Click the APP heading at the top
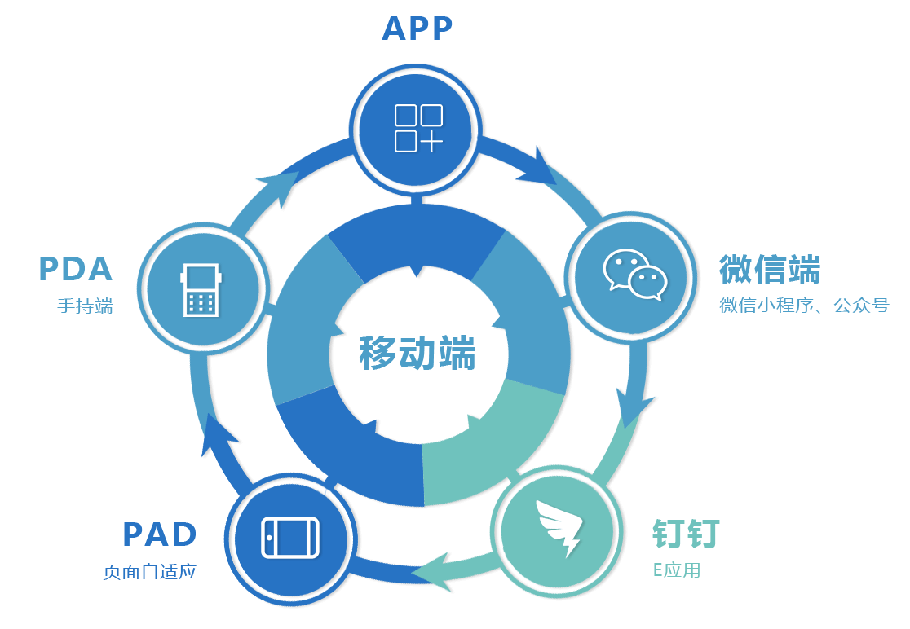pos(417,29)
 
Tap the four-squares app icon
pos(417,128)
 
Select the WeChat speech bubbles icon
pos(634,275)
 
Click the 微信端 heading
pos(769,269)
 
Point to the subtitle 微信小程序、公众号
pos(803,306)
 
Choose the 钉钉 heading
pos(686,534)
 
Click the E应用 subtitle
pos(676,570)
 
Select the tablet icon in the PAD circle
pos(290,538)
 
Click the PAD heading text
pos(160,534)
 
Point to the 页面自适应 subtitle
pos(150,571)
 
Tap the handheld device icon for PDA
pos(201,289)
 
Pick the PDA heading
pos(75,269)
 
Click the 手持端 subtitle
pos(85,306)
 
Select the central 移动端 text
pos(417,353)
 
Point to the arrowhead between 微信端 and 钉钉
pos(634,405)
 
